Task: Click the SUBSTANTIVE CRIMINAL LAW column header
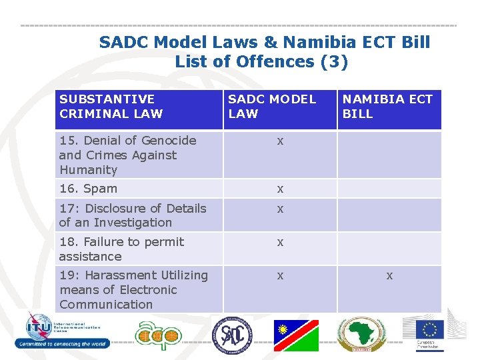point(111,107)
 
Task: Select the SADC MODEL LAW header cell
point(272,107)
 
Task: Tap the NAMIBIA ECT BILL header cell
point(387,107)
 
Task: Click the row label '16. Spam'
point(88,189)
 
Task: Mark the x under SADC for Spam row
point(281,189)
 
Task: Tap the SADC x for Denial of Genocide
point(281,141)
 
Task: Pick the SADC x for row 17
point(281,209)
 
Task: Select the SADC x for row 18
point(281,242)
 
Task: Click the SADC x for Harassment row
point(281,275)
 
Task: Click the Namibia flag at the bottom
point(296,335)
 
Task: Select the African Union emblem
point(361,334)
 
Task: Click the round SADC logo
point(233,334)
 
